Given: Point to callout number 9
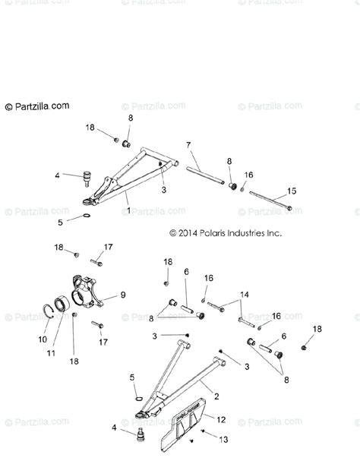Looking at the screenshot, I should pyautogui.click(x=123, y=295).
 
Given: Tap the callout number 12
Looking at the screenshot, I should pyautogui.click(x=221, y=418).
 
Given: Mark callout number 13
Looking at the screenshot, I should pyautogui.click(x=223, y=438).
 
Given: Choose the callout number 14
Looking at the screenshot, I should pyautogui.click(x=244, y=294).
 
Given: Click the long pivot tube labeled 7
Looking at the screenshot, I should pyautogui.click(x=206, y=171).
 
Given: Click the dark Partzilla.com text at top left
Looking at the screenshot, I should pyautogui.click(x=38, y=106).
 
